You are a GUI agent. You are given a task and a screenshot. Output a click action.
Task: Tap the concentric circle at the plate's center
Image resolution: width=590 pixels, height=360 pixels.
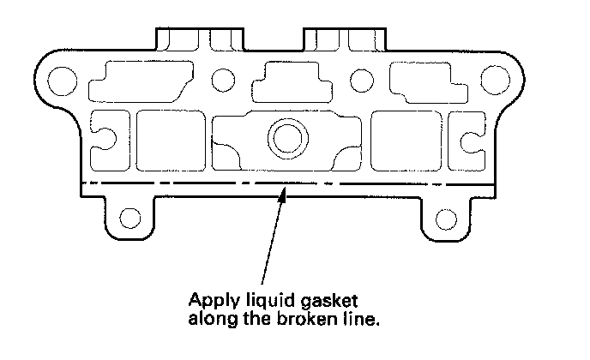(282, 135)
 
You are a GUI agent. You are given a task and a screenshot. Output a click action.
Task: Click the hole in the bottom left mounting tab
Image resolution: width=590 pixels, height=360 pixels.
(130, 217)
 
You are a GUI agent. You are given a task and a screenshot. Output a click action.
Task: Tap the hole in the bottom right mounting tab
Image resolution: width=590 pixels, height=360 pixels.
(445, 217)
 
